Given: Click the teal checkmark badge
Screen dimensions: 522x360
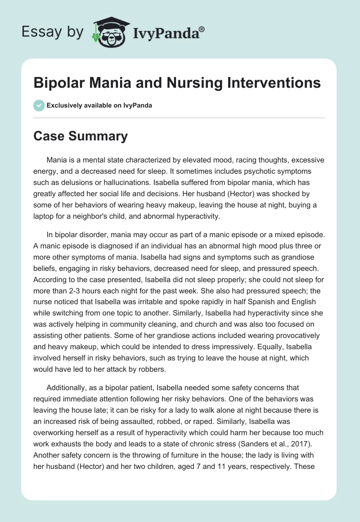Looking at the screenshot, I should tap(39, 105).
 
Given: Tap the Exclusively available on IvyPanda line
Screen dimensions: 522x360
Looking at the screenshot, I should tap(99, 105).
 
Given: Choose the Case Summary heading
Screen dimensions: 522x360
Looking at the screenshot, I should tap(81, 136).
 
